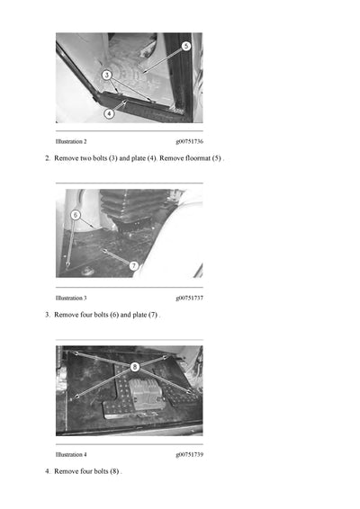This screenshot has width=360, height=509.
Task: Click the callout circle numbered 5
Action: point(185,46)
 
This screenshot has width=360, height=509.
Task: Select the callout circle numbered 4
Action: point(109,113)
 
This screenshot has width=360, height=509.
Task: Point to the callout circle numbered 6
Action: point(76,215)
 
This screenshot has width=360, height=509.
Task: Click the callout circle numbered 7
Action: point(133,265)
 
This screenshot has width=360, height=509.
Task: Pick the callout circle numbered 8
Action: point(134,367)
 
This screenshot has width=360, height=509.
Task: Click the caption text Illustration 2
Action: point(71,142)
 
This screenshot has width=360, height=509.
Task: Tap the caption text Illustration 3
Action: point(71,298)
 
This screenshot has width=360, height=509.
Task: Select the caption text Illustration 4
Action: point(71,454)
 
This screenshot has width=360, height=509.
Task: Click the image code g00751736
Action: point(189,142)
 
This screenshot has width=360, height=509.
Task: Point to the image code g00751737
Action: point(189,298)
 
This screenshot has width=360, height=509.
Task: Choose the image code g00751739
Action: point(189,454)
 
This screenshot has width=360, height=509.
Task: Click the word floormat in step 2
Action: point(193,158)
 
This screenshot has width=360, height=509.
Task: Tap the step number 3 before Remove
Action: point(47,315)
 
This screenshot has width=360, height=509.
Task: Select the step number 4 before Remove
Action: point(47,471)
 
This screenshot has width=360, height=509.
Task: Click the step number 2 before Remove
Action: point(47,158)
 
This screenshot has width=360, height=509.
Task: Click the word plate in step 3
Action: point(141,315)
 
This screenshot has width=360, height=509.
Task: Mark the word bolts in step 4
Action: point(101,471)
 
